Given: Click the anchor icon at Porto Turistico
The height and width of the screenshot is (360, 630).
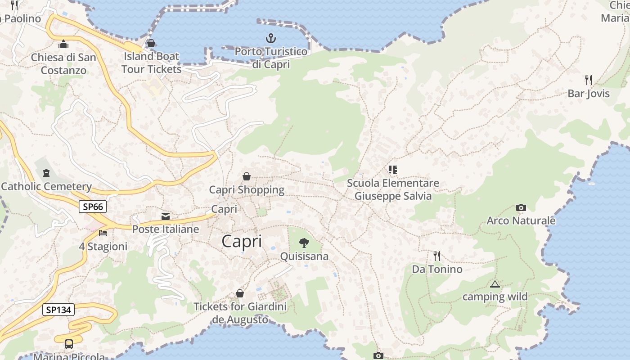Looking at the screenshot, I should click(271, 38).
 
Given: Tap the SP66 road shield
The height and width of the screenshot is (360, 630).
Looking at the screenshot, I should click(93, 207).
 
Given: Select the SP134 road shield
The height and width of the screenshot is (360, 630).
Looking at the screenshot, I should click(58, 310).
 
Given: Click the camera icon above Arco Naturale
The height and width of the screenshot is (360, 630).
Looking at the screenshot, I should click(521, 208).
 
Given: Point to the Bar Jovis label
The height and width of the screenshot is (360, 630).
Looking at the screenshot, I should click(589, 94).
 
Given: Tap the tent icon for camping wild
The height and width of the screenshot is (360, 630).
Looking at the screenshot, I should click(495, 284).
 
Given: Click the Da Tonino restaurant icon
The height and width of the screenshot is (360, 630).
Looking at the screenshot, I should click(437, 256).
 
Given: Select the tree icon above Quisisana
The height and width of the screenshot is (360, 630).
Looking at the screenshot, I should click(304, 243).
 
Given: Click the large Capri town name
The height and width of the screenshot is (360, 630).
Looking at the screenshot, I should click(242, 242).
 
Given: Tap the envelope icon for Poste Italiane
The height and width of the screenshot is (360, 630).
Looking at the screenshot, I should click(166, 216).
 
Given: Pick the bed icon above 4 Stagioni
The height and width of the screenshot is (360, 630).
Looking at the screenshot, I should click(103, 233).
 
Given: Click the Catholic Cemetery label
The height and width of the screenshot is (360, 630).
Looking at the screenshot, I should click(46, 186).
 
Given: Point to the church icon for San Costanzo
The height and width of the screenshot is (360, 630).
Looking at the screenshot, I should click(63, 44).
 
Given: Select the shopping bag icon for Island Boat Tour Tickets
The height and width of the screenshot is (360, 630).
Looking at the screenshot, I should click(151, 43).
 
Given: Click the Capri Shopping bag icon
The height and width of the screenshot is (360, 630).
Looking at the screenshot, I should click(247, 176).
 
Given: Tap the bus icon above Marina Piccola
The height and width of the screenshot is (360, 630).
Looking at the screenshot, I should click(69, 344).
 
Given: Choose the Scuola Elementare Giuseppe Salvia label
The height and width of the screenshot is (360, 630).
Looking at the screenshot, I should click(393, 189).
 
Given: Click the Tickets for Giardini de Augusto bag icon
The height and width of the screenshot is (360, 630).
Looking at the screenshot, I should click(240, 294).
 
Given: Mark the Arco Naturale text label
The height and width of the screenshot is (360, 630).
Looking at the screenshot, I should click(521, 220).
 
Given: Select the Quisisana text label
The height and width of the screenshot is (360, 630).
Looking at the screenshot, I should click(304, 256).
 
